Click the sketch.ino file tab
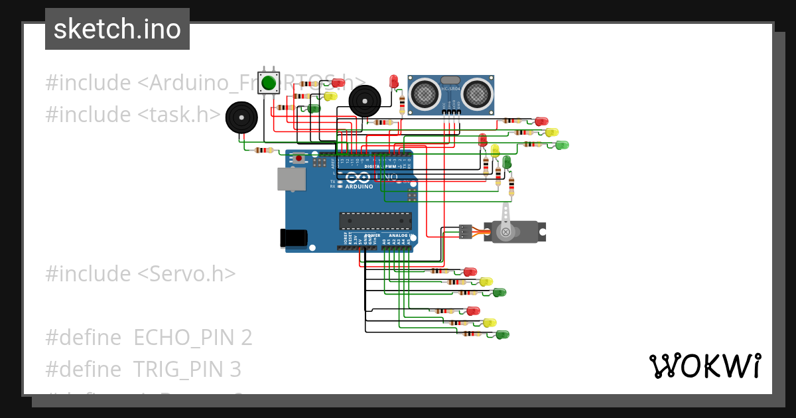117,29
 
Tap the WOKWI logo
704,366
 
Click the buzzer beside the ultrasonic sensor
365,101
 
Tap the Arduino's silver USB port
291,179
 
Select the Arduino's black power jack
293,238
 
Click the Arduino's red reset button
300,159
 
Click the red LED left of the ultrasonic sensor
393,82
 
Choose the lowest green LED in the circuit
503,334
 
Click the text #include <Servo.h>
141,273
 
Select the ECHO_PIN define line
149,337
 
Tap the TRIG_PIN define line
143,369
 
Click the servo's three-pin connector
466,232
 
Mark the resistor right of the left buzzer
264,150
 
